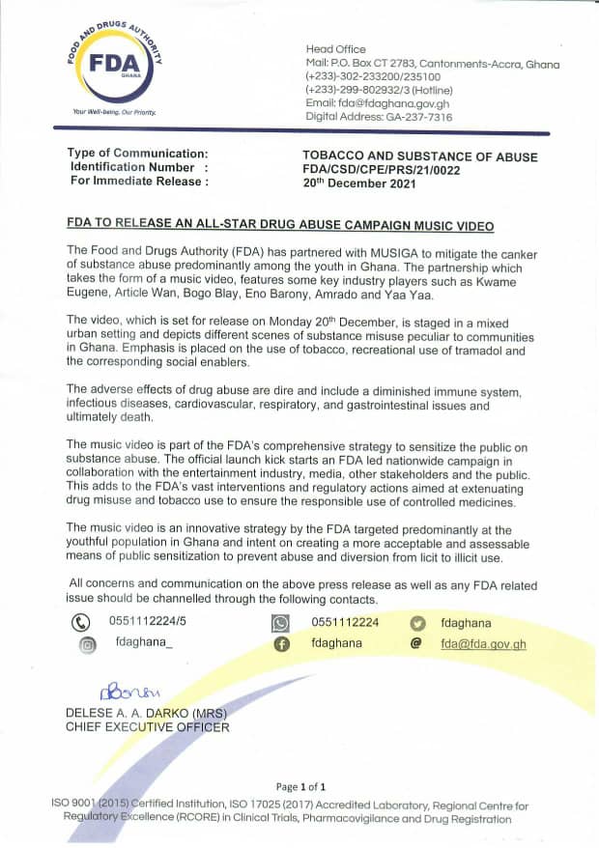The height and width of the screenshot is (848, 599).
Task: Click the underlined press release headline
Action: point(280,225)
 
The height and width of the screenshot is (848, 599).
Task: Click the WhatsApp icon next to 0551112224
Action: point(281,624)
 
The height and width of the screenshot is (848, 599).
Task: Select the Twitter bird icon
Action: point(417,624)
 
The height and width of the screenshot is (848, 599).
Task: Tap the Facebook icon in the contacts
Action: point(282,644)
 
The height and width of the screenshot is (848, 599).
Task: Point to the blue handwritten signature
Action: point(127,693)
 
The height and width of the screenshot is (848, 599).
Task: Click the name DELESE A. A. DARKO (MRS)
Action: point(145,713)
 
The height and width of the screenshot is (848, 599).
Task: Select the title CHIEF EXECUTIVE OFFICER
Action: point(148,726)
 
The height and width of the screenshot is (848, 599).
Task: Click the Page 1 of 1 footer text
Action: point(300,787)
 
